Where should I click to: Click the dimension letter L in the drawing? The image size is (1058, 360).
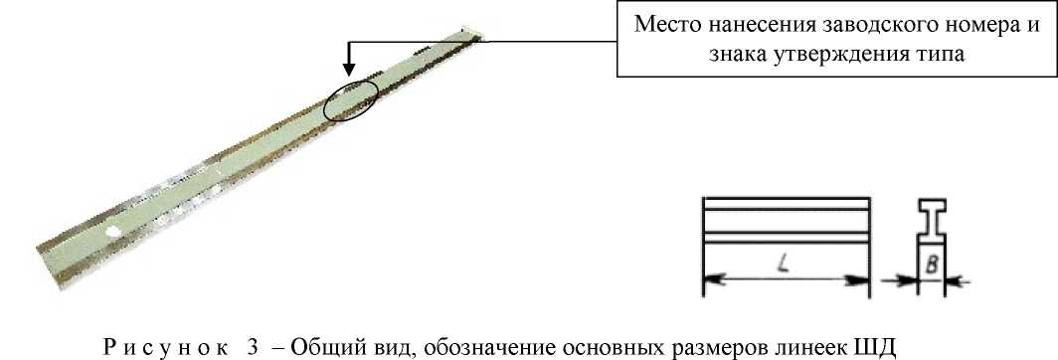[x=785, y=265]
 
